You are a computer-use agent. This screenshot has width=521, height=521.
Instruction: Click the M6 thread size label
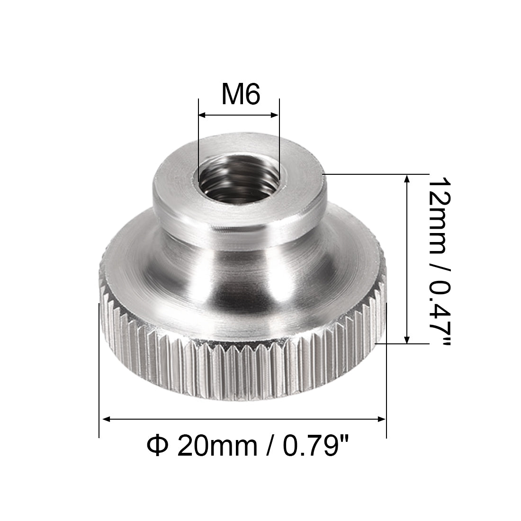(241, 95)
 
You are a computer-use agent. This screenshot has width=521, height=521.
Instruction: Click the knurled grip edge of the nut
(242, 369)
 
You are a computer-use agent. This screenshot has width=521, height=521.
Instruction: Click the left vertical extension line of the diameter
(99, 379)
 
